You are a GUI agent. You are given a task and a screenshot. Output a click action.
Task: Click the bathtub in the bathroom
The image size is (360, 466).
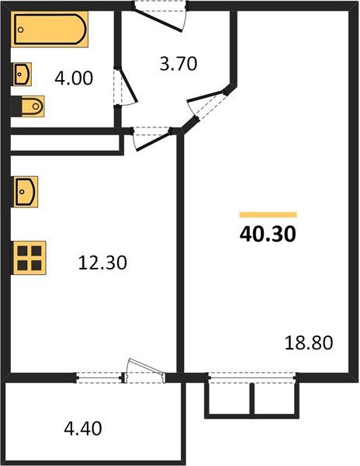50,30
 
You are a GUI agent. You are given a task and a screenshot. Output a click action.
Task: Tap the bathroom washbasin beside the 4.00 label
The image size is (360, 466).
22,75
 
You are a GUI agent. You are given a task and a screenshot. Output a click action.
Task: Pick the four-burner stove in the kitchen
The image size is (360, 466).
29,257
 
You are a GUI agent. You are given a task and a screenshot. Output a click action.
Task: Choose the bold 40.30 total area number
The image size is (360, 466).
268,234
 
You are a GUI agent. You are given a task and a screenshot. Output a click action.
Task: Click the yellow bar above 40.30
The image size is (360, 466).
268,214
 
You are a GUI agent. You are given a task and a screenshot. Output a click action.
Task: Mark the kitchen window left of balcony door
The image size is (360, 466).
101,378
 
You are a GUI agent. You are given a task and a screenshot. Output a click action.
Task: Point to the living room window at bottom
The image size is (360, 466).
252,378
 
